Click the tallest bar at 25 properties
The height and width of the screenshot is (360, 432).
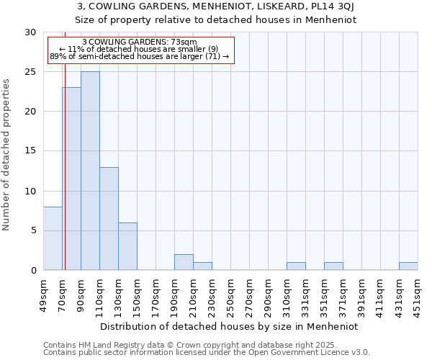pyautogui.click(x=90, y=171)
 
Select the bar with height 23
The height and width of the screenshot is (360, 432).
pyautogui.click(x=71, y=179)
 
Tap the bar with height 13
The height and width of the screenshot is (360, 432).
pyautogui.click(x=109, y=218)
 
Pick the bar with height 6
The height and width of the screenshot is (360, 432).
pyautogui.click(x=127, y=246)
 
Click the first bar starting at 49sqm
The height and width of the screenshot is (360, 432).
pyautogui.click(x=53, y=238)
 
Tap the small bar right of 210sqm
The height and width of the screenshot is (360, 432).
pyautogui.click(x=202, y=266)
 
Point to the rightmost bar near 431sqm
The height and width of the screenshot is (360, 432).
pyautogui.click(x=408, y=266)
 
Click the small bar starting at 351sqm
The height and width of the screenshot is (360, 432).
pyautogui.click(x=333, y=266)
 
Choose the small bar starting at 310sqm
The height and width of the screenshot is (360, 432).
pyautogui.click(x=296, y=266)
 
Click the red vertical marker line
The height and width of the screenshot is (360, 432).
pyautogui.click(x=65, y=144)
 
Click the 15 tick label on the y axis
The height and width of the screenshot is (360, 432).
pyautogui.click(x=30, y=151)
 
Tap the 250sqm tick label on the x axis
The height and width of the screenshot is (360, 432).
pyautogui.click(x=230, y=294)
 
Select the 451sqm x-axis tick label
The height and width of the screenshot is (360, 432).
pyautogui.click(x=418, y=294)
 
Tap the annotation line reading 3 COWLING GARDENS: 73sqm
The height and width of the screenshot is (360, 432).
pyautogui.click(x=140, y=42)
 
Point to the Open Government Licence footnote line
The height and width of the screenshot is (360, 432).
pyautogui.click(x=207, y=353)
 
